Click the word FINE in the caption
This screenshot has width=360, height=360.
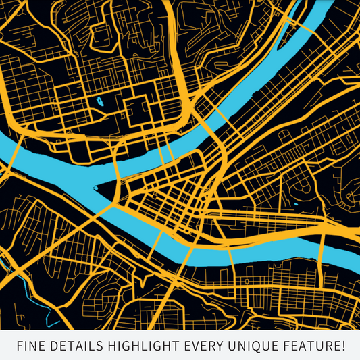click(x=31, y=346)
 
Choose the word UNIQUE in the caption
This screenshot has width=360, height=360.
click(x=249, y=346)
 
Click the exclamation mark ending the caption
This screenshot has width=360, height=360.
click(x=342, y=346)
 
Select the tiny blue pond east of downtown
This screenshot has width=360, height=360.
click(x=296, y=203)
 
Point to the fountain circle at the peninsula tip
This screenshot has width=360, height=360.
click(x=96, y=188)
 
